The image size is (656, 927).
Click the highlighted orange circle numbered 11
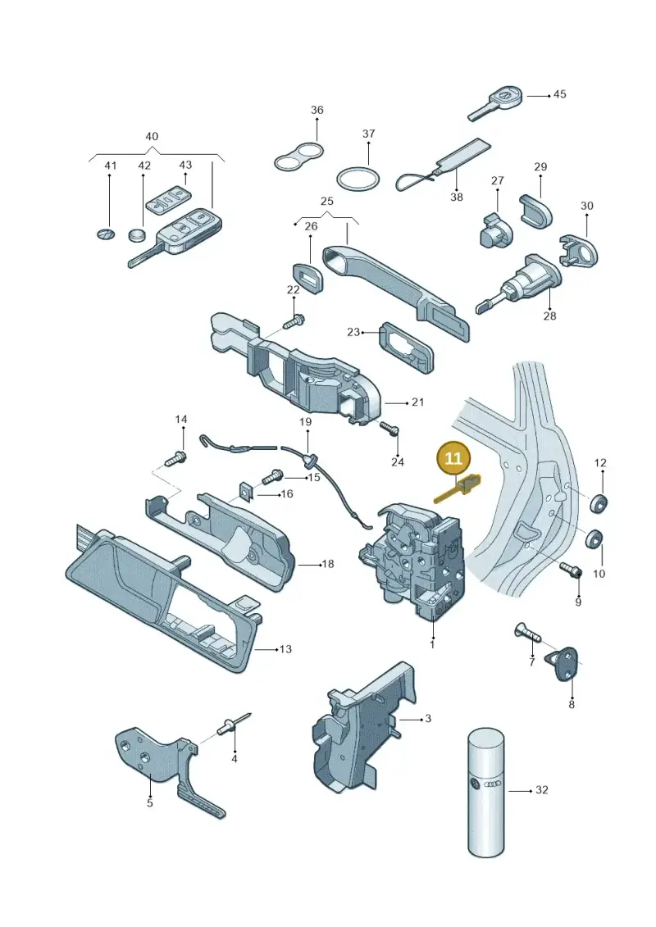point(453,458)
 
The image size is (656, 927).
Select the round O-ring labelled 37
point(358,179)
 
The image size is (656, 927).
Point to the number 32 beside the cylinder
point(542,790)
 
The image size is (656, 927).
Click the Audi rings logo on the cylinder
point(492,784)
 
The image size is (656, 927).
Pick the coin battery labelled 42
point(137,234)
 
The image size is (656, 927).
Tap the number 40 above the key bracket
point(152,137)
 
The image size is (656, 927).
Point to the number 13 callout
point(285,649)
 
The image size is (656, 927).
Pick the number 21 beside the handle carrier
point(418,402)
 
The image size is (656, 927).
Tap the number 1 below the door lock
point(432,644)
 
